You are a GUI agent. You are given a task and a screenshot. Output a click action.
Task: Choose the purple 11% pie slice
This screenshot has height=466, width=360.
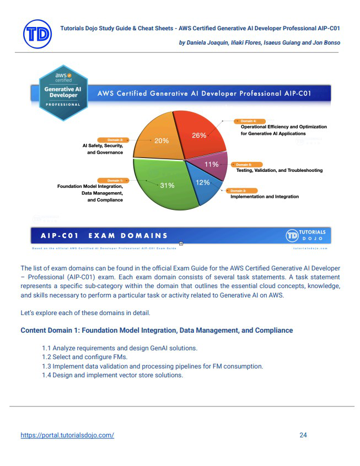(x=212, y=165)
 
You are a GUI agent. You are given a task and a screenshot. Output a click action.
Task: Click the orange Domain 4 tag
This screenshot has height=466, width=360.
(x=248, y=120)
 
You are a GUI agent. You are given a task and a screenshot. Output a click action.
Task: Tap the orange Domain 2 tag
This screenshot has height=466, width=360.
(x=114, y=140)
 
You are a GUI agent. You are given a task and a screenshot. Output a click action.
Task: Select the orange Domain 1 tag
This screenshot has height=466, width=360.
(x=115, y=180)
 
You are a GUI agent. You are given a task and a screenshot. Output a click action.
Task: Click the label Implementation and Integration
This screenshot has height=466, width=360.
(x=264, y=197)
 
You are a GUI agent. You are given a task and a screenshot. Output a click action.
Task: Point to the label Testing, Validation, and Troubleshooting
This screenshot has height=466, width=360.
(x=279, y=170)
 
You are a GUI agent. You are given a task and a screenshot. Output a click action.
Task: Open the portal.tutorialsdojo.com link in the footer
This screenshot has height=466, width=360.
(x=67, y=435)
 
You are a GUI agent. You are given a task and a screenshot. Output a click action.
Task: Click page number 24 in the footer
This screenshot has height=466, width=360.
(x=303, y=435)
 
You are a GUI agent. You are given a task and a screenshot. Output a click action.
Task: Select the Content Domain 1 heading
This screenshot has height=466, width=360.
(x=157, y=330)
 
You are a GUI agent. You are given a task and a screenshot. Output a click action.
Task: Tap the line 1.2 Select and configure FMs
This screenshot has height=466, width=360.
(x=84, y=357)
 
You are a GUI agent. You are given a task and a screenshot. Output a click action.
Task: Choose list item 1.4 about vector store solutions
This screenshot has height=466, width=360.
(x=112, y=375)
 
